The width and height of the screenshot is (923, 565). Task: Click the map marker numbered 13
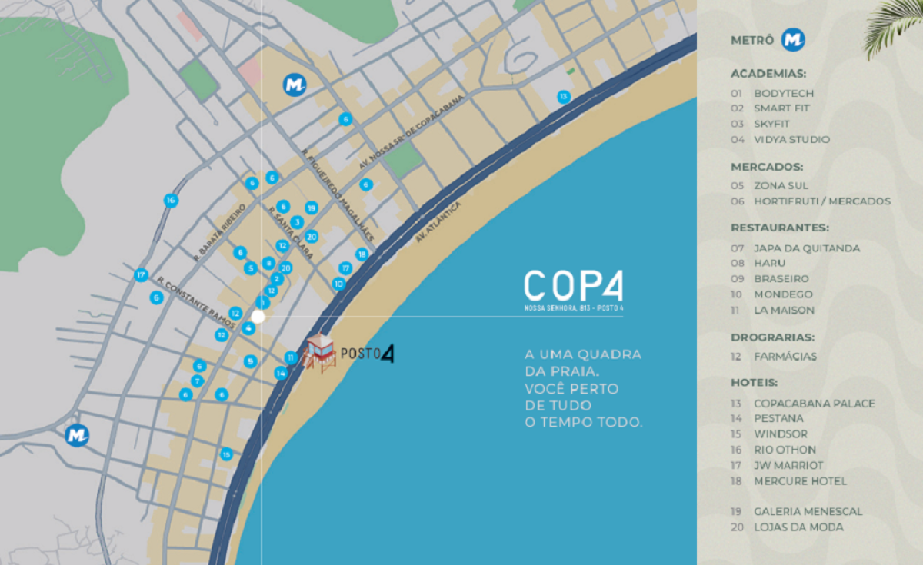[564, 97]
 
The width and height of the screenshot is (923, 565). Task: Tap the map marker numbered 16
[171, 201]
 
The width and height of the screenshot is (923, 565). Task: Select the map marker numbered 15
[226, 454]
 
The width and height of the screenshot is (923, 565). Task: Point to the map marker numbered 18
[362, 254]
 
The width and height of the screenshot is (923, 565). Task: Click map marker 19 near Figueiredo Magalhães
[311, 208]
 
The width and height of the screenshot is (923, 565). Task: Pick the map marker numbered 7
[197, 381]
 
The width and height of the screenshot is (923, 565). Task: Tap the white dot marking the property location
[258, 316]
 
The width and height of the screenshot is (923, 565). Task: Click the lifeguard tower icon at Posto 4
[320, 354]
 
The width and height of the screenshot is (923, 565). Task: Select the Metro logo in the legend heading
[793, 40]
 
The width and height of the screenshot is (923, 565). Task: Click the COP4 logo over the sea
[574, 287]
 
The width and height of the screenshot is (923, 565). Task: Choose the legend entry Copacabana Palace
[814, 404]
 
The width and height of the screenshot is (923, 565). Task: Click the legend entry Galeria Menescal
[808, 511]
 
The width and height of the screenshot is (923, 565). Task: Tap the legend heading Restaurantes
[779, 228]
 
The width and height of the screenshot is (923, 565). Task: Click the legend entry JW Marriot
[788, 465]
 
